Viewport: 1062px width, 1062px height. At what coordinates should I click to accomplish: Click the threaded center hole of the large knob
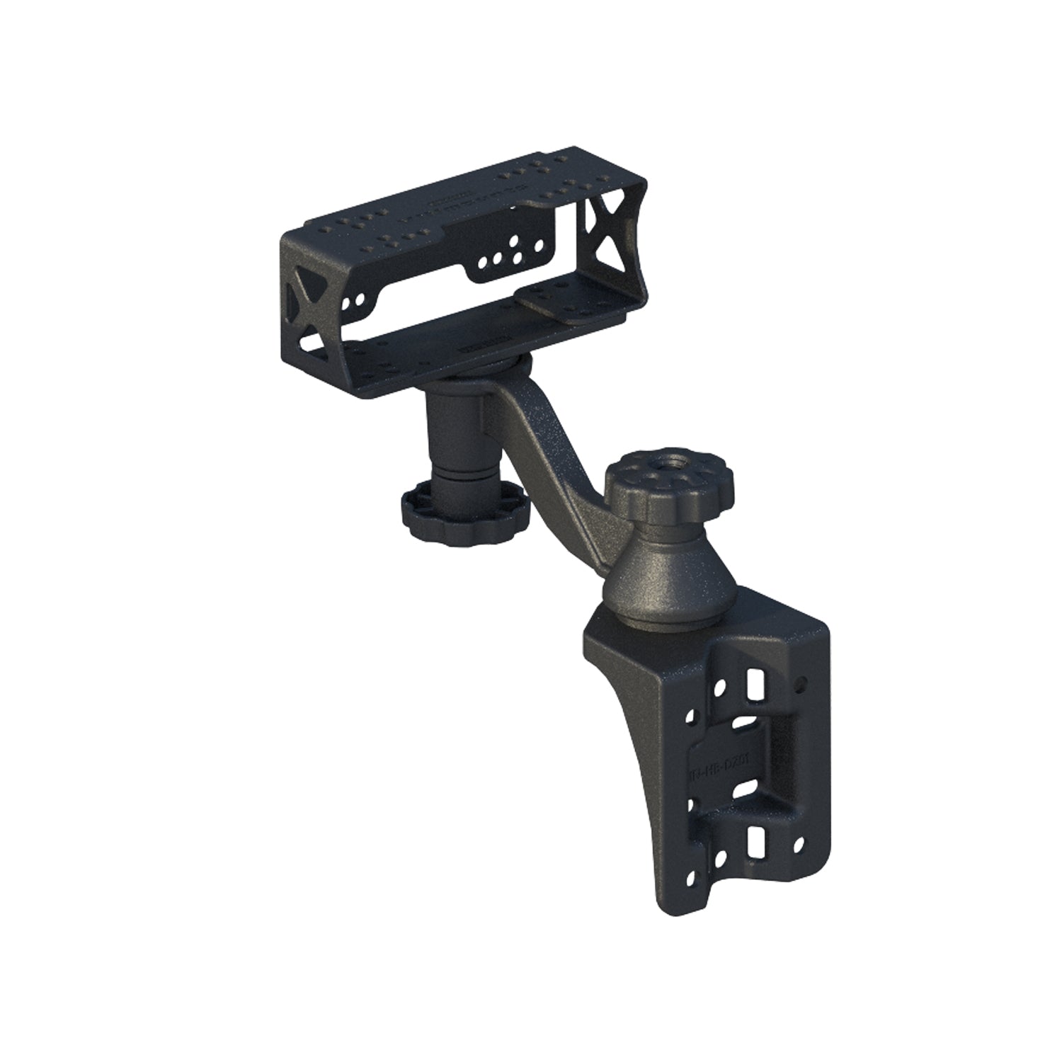pos(672,473)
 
